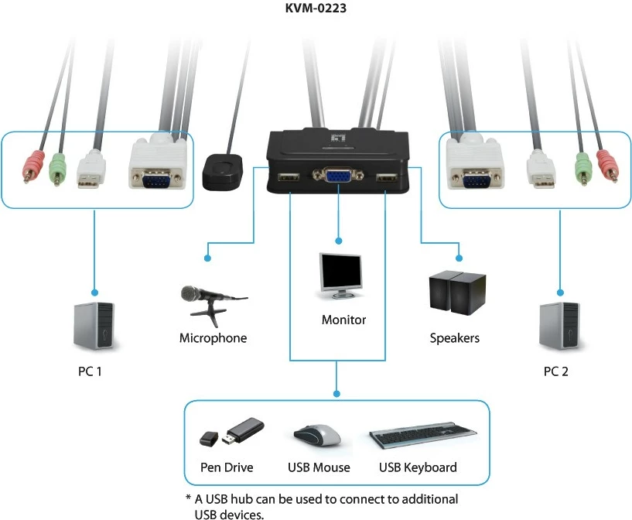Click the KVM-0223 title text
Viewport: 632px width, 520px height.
[x=316, y=9]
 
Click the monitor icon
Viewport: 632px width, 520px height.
[x=340, y=275]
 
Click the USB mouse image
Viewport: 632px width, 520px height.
[x=317, y=435]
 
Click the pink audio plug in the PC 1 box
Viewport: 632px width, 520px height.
[x=31, y=166]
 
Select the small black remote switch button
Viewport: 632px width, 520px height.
[x=224, y=170]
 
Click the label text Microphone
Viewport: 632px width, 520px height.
[x=213, y=338]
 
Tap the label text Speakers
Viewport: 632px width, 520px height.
[x=454, y=338]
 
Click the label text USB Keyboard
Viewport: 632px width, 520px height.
[x=418, y=467]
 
